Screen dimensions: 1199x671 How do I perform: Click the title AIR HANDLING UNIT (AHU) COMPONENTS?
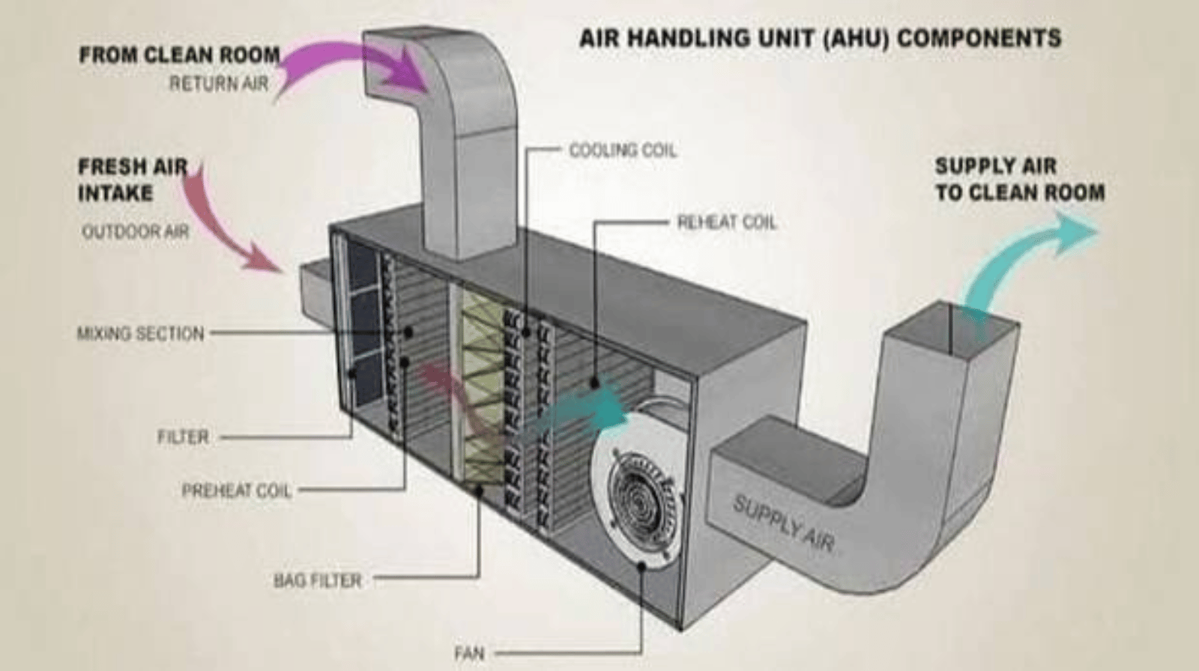pyautogui.click(x=820, y=38)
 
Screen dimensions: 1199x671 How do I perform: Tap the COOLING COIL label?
pyautogui.click(x=623, y=151)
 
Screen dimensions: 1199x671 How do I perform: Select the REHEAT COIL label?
pyautogui.click(x=727, y=222)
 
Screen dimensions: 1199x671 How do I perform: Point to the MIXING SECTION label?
pyautogui.click(x=141, y=333)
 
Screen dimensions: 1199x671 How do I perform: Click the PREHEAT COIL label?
pyautogui.click(x=237, y=491)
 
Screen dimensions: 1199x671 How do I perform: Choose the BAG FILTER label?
pyautogui.click(x=318, y=580)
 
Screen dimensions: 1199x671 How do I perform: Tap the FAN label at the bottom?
pyautogui.click(x=469, y=653)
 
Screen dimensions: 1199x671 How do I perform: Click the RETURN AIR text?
pyautogui.click(x=219, y=83)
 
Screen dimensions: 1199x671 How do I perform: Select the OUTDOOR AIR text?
pyautogui.click(x=136, y=231)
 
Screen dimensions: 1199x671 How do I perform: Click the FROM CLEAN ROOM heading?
pyautogui.click(x=180, y=55)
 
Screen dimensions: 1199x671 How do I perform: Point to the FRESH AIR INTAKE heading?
pyautogui.click(x=133, y=180)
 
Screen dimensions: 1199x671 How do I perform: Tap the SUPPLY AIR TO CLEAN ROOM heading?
pyautogui.click(x=1020, y=179)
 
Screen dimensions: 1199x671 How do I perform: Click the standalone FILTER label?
pyautogui.click(x=183, y=437)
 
